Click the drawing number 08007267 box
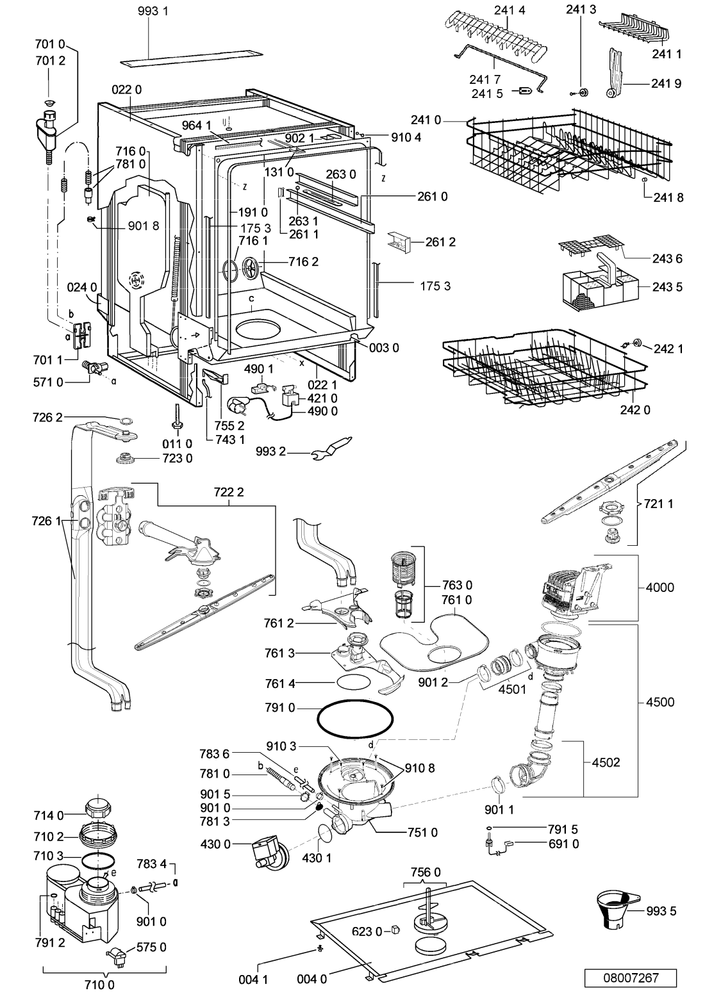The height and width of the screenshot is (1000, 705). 630,978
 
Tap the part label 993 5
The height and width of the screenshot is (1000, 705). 661,911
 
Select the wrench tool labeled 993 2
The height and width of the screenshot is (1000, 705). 332,448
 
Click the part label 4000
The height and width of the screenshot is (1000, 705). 660,587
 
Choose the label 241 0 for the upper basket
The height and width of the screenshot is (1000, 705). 426,120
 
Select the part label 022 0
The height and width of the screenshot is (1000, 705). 127,90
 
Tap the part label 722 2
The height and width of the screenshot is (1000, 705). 228,492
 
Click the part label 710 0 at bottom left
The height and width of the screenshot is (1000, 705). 99,984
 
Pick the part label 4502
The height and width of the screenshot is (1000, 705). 606,762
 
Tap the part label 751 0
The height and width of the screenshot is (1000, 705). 422,832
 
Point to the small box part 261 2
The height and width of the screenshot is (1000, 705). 399,241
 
